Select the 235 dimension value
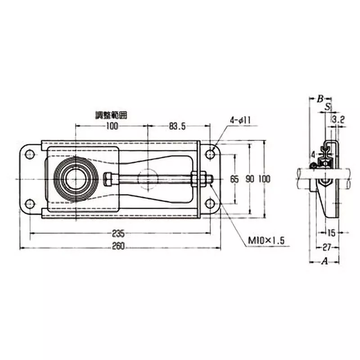pyautogui.click(x=118, y=234)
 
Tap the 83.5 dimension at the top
pyautogui.click(x=177, y=126)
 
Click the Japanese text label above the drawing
pyautogui.click(x=111, y=115)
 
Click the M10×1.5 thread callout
pyautogui.click(x=267, y=241)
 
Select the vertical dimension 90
pyautogui.click(x=250, y=179)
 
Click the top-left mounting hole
pyautogui.click(x=30, y=154)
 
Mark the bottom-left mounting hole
pyautogui.click(x=30, y=204)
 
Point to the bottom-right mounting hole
pyautogui.click(x=210, y=204)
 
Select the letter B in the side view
pyautogui.click(x=320, y=99)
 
